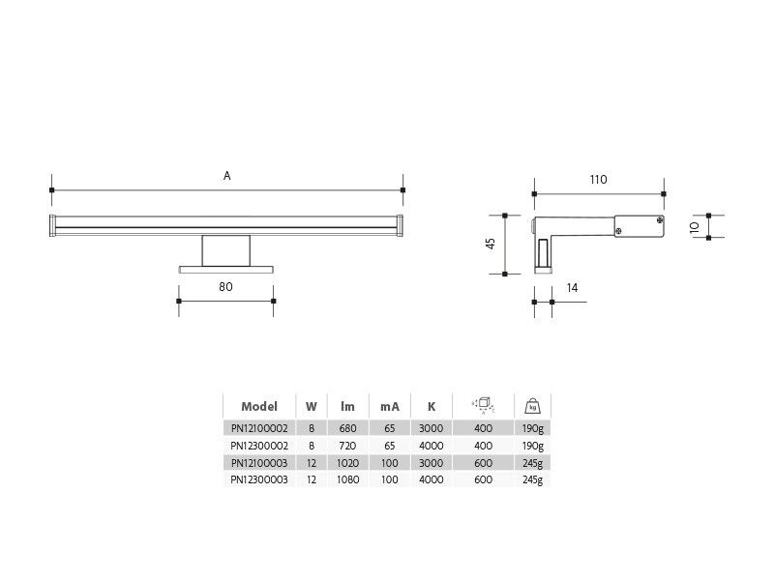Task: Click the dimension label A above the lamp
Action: (227, 176)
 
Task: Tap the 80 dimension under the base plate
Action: (225, 286)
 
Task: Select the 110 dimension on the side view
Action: (598, 180)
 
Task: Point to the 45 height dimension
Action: (491, 244)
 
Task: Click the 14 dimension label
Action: (572, 287)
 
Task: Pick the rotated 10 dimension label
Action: (695, 227)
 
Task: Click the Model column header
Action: (259, 406)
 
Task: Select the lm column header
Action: (347, 406)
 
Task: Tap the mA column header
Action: (390, 407)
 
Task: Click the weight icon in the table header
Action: (533, 406)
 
